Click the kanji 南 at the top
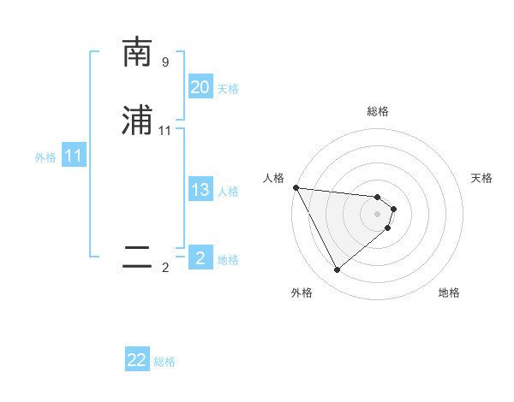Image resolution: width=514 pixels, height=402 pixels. pos(136,53)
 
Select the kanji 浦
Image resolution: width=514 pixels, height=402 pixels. pos(136,121)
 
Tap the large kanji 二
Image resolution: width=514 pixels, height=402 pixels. pos(136,257)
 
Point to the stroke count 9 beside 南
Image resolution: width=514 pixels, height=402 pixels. pos(164,62)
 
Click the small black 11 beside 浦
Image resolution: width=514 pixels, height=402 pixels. pos(165,131)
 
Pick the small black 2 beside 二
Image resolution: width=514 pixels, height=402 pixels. pos(165,268)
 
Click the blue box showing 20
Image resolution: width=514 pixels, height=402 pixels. pos(200,87)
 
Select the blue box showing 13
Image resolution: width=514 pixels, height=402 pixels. pos(200,190)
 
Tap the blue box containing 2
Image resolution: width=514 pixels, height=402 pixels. pos(200,258)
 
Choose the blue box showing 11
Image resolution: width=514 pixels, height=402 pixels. pos(74,157)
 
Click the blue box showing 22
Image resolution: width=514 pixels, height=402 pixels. pos(137,360)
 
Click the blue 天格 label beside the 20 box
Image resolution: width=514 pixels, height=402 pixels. pos(228,89)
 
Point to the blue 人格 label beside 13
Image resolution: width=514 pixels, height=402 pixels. pos(228,192)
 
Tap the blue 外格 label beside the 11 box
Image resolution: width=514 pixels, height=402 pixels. pos(45,157)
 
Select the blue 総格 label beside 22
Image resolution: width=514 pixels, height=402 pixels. pos(164,362)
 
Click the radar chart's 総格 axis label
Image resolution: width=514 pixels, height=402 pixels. pos(378,111)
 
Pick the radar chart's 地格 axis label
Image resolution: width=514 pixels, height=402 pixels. pos(449,293)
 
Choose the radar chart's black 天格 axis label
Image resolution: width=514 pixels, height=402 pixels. pos(481,178)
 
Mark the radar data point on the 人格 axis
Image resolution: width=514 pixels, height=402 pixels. pos(296,187)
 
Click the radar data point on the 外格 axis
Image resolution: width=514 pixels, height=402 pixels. pos(337,270)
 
